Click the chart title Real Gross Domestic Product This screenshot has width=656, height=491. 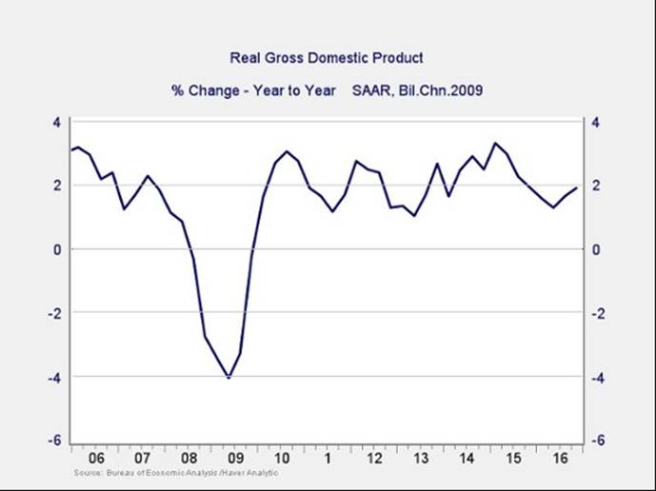pyautogui.click(x=328, y=59)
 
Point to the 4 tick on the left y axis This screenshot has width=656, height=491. pyautogui.click(x=56, y=122)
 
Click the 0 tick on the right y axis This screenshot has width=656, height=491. pyautogui.click(x=597, y=249)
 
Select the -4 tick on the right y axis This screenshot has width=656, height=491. pyautogui.click(x=599, y=377)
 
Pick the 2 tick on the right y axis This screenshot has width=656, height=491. pyautogui.click(x=597, y=186)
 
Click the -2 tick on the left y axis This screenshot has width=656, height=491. pyautogui.click(x=54, y=313)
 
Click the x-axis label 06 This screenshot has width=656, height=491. pyautogui.click(x=97, y=456)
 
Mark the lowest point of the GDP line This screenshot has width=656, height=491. pyautogui.click(x=229, y=378)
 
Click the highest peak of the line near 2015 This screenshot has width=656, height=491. pyautogui.click(x=494, y=144)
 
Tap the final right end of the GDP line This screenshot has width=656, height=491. pyautogui.click(x=576, y=187)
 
